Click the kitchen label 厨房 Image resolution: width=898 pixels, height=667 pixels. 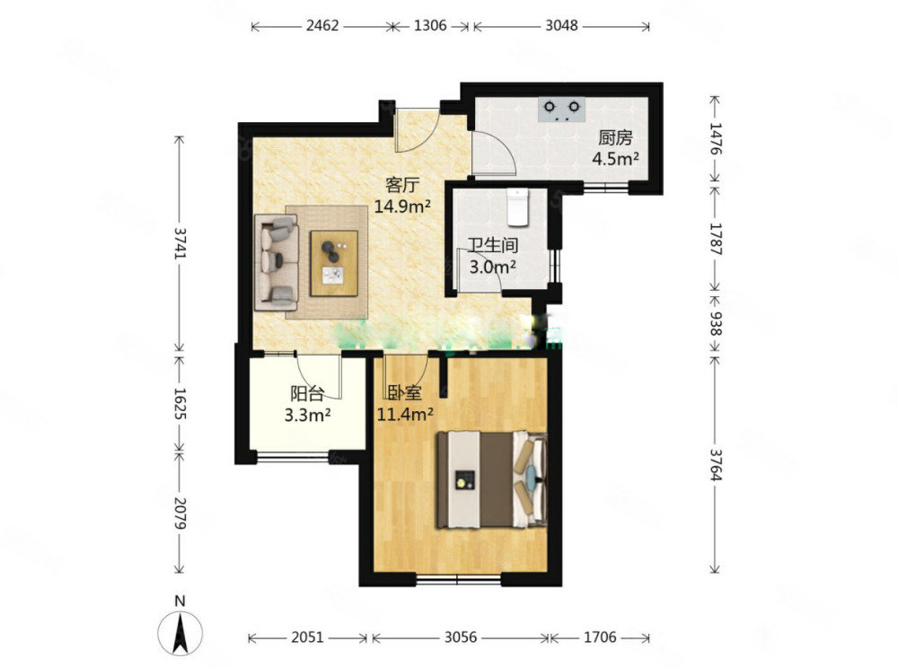pos(615,138)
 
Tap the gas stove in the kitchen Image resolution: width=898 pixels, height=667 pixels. pos(562,110)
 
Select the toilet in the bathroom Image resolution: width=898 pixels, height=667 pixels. pos(518,206)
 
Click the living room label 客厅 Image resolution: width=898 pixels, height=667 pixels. pos(402,185)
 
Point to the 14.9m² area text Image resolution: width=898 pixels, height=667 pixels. pos(402,206)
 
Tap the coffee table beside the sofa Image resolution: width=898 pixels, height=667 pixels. pos(334,263)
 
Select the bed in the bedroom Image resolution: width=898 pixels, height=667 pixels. pos(492,479)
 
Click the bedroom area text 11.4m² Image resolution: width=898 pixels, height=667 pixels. pos(404,413)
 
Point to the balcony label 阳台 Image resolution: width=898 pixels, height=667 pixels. pos(307,394)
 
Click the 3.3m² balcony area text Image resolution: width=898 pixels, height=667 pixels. pos(307,415)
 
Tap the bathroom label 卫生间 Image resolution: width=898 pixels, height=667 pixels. pos(493,246)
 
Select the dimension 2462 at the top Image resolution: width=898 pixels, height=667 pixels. pos(322,26)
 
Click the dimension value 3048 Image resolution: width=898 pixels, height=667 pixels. pos(561,26)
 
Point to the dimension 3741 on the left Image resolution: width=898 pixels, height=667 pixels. pos(180,243)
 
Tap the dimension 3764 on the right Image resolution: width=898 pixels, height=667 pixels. pos(716,465)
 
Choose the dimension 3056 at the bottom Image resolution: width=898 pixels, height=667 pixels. pos(461,636)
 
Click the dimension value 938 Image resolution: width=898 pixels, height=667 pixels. pos(716,323)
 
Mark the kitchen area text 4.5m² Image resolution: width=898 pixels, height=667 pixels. pos(615,158)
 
